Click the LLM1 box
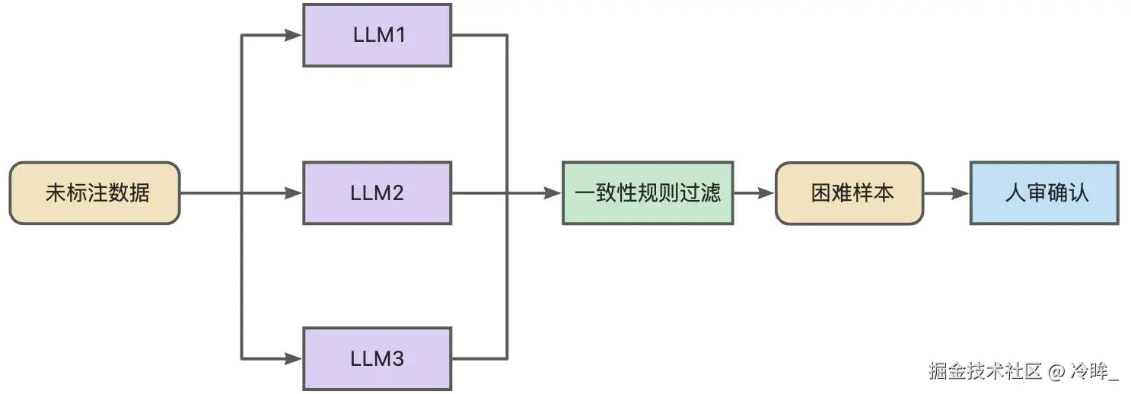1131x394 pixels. click(377, 35)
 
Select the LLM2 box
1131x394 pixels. click(377, 192)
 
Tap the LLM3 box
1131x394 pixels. click(377, 358)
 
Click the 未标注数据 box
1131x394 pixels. click(94, 192)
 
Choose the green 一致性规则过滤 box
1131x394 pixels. click(648, 192)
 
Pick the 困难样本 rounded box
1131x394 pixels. click(849, 192)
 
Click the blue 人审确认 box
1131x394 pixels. click(1043, 192)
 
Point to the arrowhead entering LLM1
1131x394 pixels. click(295, 35)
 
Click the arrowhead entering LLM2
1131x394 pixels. click(295, 193)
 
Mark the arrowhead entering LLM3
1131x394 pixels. click(295, 357)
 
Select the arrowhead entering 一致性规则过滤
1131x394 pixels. click(554, 193)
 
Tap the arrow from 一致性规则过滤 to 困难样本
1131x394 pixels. click(753, 193)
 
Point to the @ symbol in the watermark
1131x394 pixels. click(1055, 372)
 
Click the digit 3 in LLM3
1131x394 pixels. click(397, 358)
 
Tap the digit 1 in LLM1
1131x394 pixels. click(397, 35)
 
